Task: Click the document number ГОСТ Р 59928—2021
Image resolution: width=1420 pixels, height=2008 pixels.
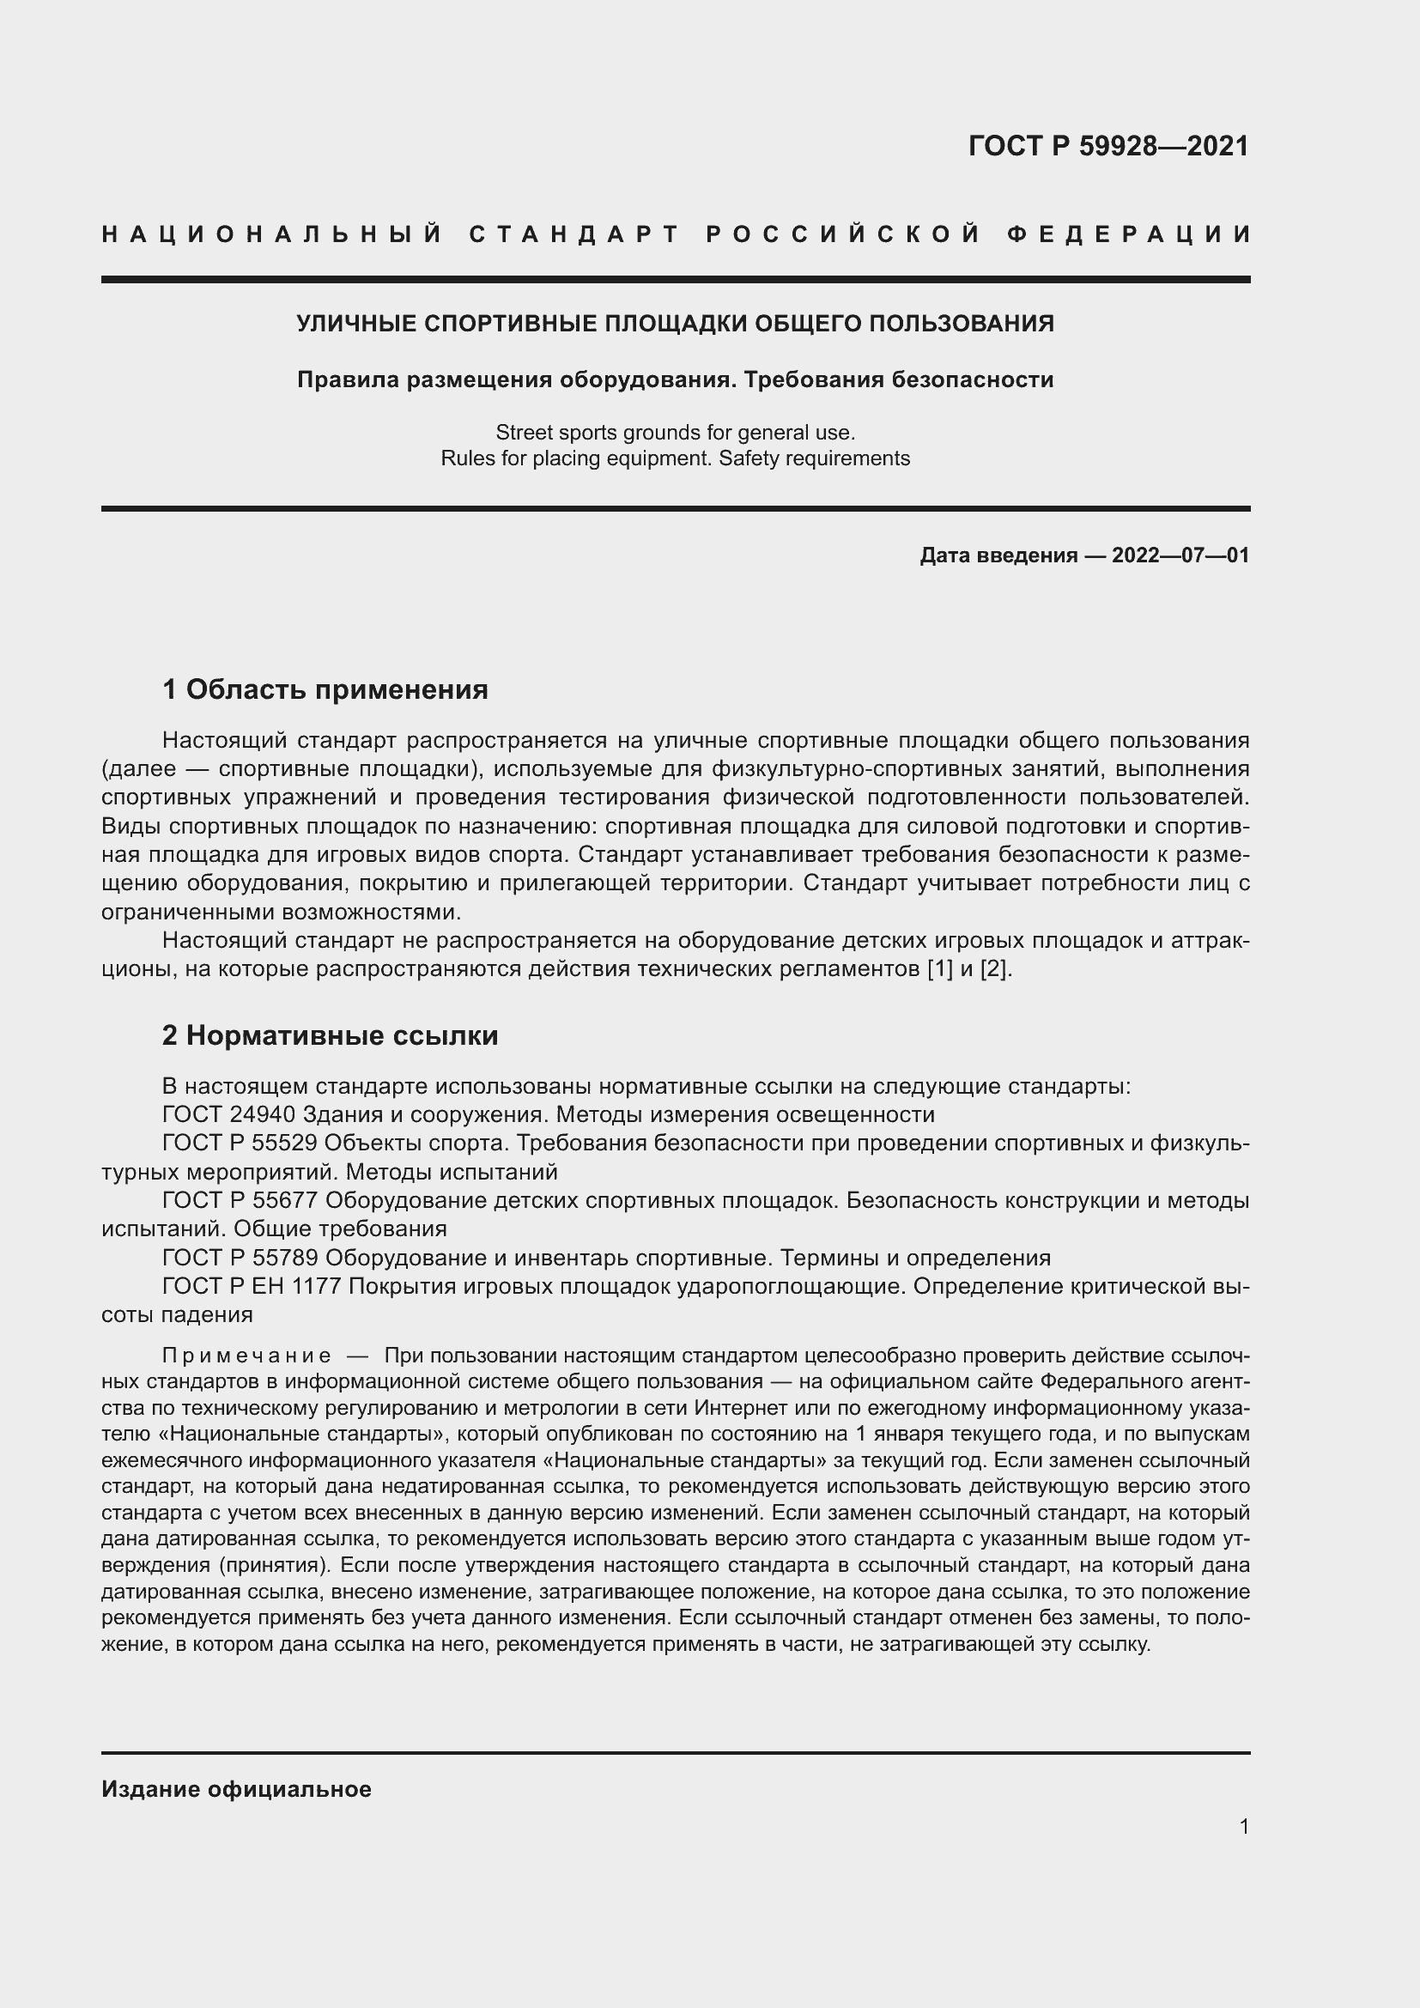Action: (1107, 145)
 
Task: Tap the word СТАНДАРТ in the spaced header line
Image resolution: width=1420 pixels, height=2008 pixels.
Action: (574, 234)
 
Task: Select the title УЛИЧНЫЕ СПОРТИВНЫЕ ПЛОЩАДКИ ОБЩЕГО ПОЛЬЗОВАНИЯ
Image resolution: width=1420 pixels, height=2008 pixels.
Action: (675, 324)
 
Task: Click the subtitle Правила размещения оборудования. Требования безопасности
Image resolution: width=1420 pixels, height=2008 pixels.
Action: (675, 379)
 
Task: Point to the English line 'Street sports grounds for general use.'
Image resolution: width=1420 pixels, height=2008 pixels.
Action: (675, 432)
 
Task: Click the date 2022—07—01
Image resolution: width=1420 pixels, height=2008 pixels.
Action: (1180, 555)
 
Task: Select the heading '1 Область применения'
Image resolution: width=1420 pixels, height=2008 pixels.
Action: (325, 690)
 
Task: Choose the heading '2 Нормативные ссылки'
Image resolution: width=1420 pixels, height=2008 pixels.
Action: (331, 1035)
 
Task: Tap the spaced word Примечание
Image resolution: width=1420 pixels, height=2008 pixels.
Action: (246, 1356)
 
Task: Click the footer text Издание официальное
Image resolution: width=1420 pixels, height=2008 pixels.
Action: (236, 1789)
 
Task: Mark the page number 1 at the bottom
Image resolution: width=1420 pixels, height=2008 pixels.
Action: (1244, 1844)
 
